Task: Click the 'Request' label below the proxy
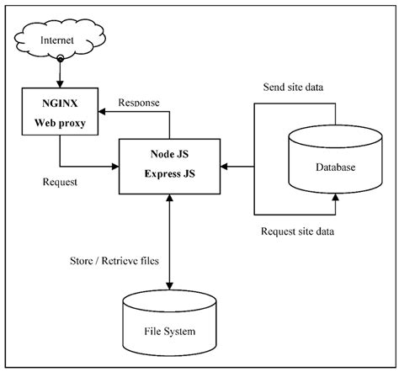click(x=61, y=180)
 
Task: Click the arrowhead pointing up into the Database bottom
click(x=334, y=198)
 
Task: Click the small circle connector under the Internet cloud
click(x=58, y=58)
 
